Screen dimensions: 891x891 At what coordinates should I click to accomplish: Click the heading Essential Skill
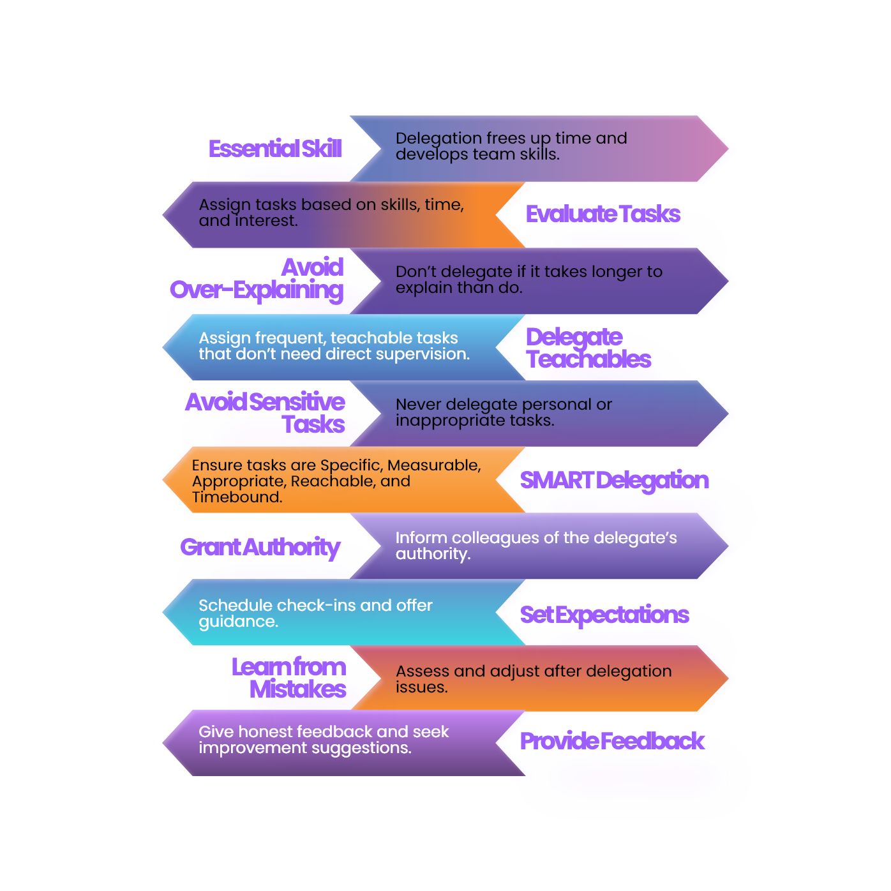point(275,149)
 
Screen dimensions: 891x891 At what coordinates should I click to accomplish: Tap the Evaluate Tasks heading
point(603,214)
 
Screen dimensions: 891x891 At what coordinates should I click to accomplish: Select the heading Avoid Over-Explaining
point(257,280)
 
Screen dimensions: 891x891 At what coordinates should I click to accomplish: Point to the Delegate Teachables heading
point(588,348)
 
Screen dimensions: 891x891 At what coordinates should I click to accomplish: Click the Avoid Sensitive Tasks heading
point(265,413)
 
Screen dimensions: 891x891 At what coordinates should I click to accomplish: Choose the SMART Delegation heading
point(614,481)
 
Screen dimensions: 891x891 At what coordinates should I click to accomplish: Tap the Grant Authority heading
point(260,548)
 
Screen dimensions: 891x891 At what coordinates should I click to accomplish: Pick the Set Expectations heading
point(604,615)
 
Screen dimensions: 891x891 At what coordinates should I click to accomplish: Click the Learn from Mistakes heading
point(288,678)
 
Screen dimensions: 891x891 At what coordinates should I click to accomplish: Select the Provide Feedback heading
point(611,741)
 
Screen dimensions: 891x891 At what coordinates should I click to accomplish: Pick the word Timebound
point(237,497)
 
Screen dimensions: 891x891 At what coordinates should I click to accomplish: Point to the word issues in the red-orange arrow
point(421,687)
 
